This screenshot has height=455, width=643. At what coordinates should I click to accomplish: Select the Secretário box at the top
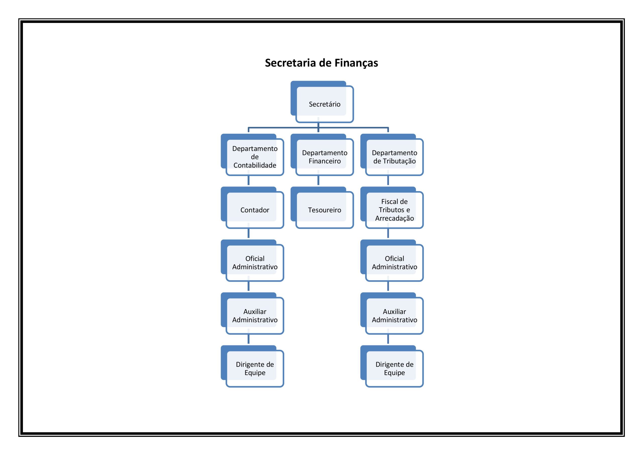(x=322, y=102)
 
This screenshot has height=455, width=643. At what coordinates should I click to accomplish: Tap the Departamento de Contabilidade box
(x=253, y=155)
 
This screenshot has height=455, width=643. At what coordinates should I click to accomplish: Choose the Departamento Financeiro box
(x=322, y=155)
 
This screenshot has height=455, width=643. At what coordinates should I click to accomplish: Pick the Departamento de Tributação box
(x=392, y=155)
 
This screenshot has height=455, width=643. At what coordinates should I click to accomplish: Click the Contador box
(x=253, y=208)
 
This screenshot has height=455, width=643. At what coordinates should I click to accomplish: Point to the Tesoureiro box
(x=322, y=208)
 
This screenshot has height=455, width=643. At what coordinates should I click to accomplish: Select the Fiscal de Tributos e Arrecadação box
(x=392, y=208)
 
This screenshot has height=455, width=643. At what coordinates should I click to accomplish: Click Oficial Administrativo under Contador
(x=253, y=261)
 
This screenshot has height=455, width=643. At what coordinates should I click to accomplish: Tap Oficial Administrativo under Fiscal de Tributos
(x=392, y=261)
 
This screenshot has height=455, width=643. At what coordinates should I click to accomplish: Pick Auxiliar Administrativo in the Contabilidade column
(x=253, y=314)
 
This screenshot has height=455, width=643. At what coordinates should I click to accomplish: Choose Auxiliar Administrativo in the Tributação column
(x=392, y=314)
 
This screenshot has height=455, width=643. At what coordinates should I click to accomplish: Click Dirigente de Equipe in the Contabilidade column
(x=253, y=367)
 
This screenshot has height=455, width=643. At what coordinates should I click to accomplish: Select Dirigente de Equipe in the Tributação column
(x=392, y=367)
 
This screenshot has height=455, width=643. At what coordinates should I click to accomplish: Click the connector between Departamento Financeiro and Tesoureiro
(x=318, y=180)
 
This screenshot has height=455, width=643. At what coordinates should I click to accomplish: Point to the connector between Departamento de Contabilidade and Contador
(x=248, y=180)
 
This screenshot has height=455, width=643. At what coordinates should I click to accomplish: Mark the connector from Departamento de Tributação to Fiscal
(x=388, y=180)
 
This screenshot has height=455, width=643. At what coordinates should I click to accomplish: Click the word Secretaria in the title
(x=291, y=63)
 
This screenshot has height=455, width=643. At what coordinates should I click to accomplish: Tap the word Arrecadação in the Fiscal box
(x=394, y=219)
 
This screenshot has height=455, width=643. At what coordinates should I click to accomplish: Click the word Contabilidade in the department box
(x=255, y=165)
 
